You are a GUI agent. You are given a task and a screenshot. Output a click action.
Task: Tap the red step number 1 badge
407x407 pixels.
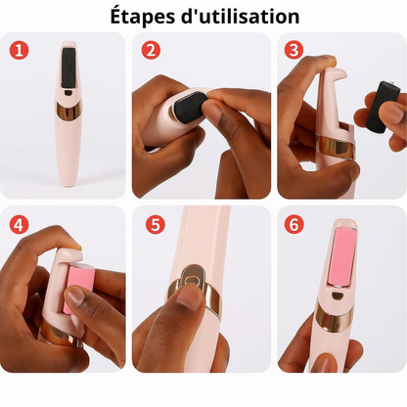(19, 51)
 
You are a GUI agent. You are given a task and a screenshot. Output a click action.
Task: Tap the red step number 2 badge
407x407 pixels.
(151, 51)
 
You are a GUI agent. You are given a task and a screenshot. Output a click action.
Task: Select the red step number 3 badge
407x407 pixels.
(293, 51)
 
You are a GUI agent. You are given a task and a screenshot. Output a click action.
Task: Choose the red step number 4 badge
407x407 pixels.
(19, 223)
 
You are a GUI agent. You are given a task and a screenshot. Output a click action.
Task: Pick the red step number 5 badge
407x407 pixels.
(156, 224)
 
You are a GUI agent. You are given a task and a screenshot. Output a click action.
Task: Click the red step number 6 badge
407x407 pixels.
(293, 224)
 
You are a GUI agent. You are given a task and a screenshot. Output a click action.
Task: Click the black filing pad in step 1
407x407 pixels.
(69, 66)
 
